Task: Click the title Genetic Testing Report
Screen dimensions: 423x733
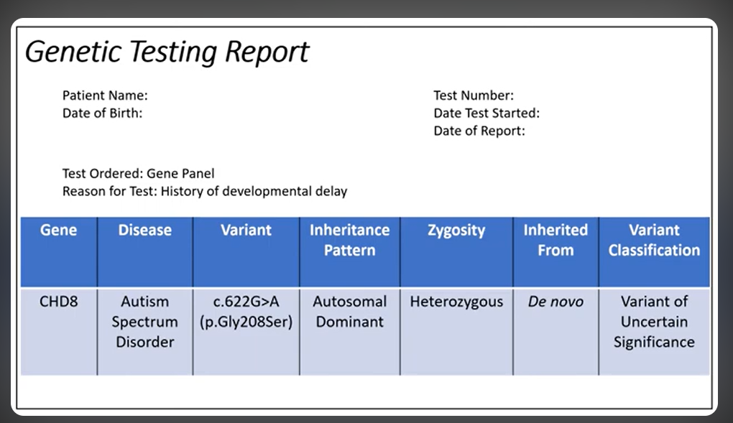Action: point(167,52)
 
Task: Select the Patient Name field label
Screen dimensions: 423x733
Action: point(105,95)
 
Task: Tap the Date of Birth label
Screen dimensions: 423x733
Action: point(102,113)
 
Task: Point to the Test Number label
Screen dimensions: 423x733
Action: point(473,95)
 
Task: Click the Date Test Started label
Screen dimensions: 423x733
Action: point(486,113)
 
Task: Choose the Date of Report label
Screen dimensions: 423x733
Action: point(479,131)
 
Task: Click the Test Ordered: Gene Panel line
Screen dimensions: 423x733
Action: point(138,173)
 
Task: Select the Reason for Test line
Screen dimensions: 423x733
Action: point(204,191)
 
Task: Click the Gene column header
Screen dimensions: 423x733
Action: point(58,231)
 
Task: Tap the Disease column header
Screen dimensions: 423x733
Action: point(144,231)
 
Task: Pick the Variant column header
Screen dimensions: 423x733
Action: point(246,231)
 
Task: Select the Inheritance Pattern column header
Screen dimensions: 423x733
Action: point(349,240)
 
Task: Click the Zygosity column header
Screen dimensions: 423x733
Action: point(456,231)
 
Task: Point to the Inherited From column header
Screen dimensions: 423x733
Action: point(555,240)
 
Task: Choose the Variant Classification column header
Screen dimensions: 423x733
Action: point(654,240)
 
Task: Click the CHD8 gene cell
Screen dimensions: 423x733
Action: point(58,302)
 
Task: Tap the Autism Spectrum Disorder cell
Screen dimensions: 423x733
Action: point(144,322)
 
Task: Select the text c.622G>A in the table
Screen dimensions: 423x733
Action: point(246,302)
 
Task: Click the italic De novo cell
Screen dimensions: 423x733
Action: point(555,302)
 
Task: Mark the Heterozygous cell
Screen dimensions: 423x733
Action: point(456,302)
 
